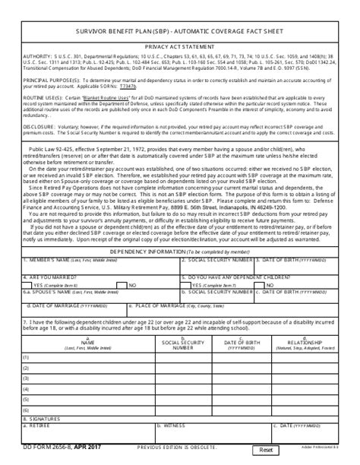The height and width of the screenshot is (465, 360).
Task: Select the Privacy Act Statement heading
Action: pos(180,46)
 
